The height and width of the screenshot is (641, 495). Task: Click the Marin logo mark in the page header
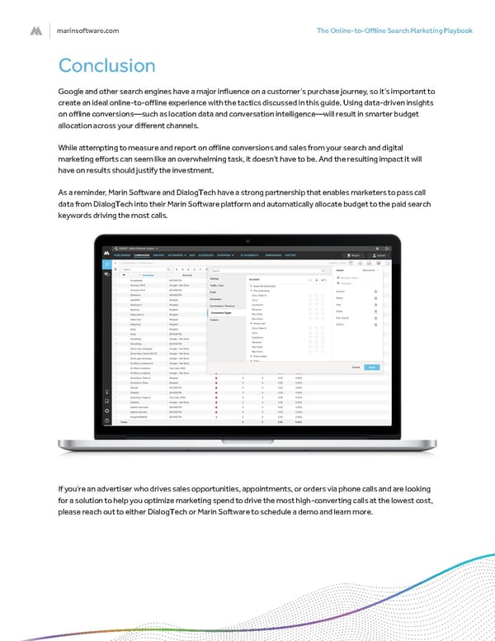[36, 31]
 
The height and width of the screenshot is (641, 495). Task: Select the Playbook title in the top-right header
[394, 31]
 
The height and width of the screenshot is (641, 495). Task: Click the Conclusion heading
[106, 66]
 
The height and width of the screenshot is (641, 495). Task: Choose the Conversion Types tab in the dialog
[224, 313]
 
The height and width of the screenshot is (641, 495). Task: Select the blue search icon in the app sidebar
[106, 263]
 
